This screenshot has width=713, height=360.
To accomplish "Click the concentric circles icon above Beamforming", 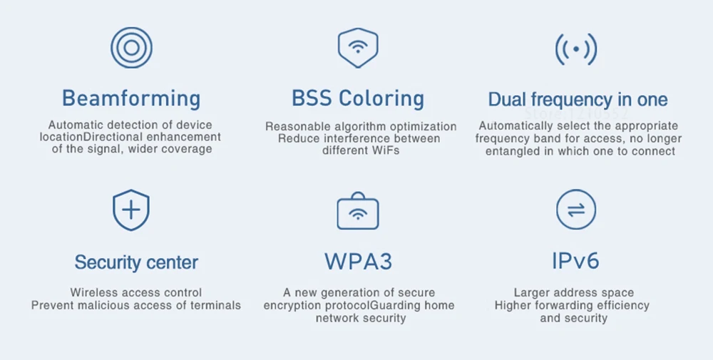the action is (x=131, y=48).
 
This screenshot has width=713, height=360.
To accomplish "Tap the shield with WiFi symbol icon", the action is (x=357, y=48).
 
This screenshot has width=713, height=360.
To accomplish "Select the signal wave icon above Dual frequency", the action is (x=575, y=49).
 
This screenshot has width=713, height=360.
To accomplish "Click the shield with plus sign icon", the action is (x=131, y=211).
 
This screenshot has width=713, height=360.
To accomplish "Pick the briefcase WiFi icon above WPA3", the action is (x=357, y=211).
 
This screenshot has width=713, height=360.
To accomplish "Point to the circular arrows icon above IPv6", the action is (x=575, y=210).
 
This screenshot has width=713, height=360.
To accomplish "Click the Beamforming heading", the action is (x=131, y=98).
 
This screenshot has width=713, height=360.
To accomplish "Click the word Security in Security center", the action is (x=105, y=262).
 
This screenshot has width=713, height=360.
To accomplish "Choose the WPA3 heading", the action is (x=358, y=262).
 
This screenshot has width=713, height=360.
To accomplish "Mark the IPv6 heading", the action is (x=575, y=261).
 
